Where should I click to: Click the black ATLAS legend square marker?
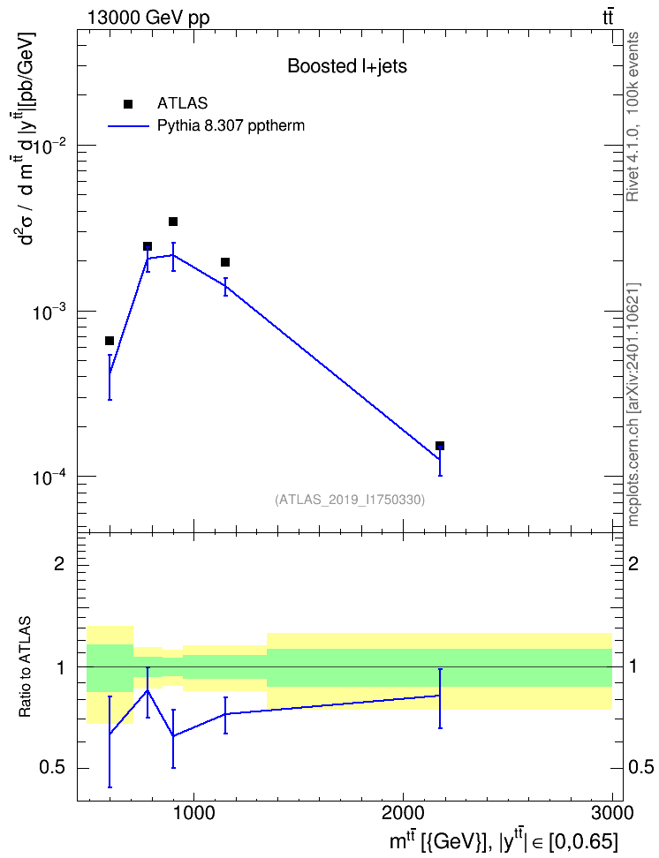[128, 104]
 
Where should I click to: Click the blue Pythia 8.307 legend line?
[128, 126]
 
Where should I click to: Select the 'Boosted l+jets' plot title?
[347, 67]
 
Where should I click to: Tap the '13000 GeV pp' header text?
[148, 18]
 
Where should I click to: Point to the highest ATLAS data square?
[173, 222]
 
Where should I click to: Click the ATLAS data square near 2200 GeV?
[440, 446]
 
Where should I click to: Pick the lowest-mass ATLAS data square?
[110, 341]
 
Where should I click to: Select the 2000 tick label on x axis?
[403, 813]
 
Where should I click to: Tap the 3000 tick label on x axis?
[612, 813]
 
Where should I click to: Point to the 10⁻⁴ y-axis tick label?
[50, 478]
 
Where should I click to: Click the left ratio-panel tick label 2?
[59, 563]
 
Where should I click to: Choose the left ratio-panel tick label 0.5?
[53, 768]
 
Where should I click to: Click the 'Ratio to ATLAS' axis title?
[25, 667]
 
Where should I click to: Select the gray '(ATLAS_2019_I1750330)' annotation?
[350, 500]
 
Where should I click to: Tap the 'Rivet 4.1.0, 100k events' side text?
[632, 117]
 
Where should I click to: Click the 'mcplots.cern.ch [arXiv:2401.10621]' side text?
[633, 404]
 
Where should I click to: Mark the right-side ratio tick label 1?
[632, 667]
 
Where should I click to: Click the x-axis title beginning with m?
[504, 839]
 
